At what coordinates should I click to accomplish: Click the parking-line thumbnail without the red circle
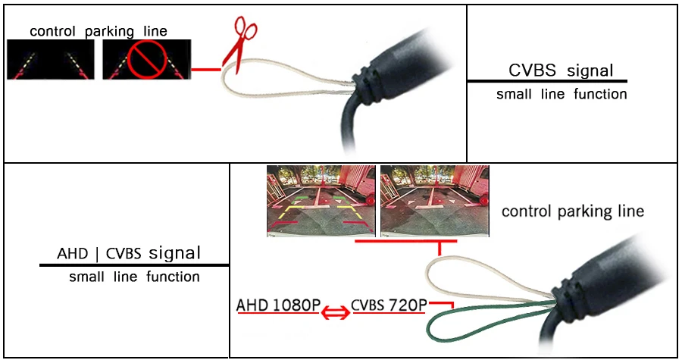point(51,60)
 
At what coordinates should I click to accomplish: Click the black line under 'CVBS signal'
point(547,80)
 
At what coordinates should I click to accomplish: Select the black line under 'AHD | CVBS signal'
point(134,265)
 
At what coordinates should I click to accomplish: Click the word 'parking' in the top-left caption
point(108,31)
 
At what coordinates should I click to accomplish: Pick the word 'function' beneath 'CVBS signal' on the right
point(600,95)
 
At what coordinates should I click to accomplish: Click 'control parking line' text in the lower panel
point(573,211)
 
